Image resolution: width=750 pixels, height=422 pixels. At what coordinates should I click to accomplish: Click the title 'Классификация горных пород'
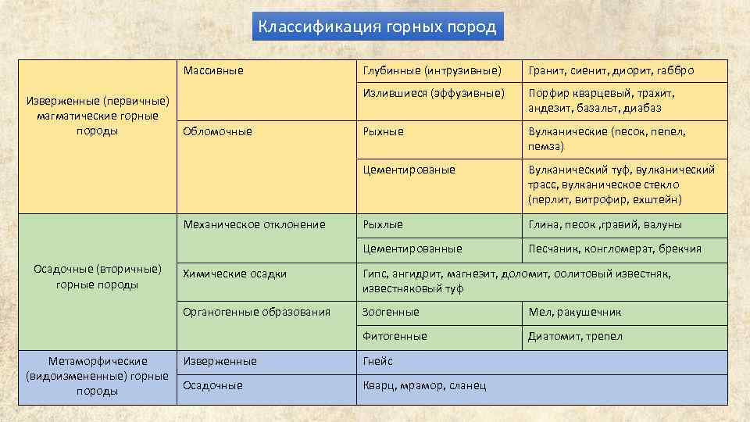coord(377,27)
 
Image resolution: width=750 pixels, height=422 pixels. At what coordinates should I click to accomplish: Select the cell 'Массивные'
coord(213,71)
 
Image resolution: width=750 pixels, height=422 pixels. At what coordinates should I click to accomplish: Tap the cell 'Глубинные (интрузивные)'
coord(431,71)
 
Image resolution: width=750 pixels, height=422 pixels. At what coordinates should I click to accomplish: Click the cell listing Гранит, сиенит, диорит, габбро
coord(610,71)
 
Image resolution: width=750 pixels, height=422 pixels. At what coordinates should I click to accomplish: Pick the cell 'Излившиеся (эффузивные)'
coord(430,93)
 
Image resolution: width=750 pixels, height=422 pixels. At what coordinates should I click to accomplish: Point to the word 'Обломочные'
coord(217,131)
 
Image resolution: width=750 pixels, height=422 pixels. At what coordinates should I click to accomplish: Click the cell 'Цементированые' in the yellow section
coord(409,170)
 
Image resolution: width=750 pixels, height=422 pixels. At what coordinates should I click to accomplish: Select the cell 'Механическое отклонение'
coord(254,225)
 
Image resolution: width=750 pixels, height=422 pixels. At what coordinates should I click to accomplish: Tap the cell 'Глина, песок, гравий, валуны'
coord(604,225)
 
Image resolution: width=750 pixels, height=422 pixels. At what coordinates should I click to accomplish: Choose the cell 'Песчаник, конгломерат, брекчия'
coord(614,249)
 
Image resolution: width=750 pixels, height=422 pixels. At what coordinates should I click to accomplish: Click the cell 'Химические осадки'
coord(234,274)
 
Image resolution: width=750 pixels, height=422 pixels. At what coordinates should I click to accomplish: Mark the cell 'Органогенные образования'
coord(256,312)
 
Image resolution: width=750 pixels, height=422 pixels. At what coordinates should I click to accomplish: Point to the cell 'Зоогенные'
coord(391,312)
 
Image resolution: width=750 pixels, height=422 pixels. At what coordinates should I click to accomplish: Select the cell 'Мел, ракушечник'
coord(574,313)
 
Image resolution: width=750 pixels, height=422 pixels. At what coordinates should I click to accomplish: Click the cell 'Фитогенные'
coord(395,336)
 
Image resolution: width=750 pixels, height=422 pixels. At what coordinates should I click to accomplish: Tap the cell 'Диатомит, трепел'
coord(575,337)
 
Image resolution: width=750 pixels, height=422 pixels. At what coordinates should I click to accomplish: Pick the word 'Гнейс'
coord(378,361)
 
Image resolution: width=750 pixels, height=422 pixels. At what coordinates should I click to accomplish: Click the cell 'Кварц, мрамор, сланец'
coord(424,385)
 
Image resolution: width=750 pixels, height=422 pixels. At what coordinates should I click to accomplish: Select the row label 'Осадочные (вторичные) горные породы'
coord(98,277)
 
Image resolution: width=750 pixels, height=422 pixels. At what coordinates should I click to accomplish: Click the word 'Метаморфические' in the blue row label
coord(98,361)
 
